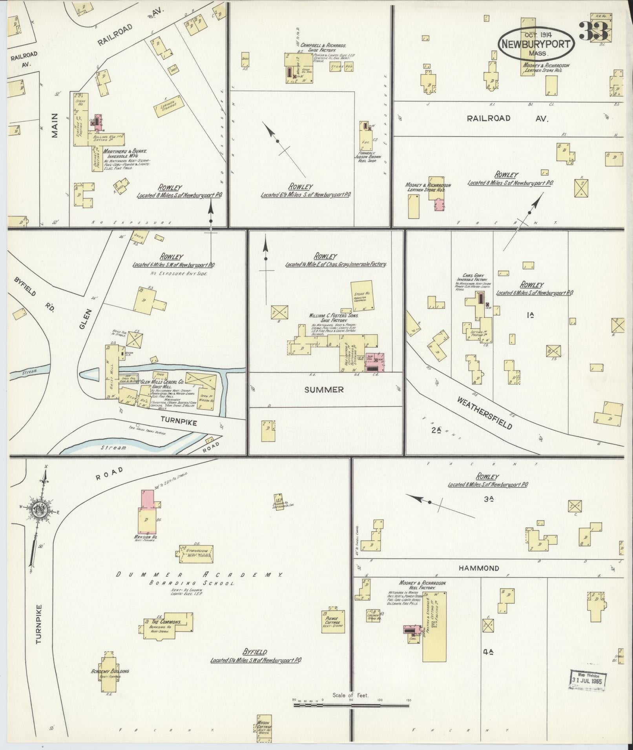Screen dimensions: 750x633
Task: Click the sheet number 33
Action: [593, 31]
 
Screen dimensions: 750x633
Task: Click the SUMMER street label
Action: [324, 389]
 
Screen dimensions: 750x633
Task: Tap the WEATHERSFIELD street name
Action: [485, 412]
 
